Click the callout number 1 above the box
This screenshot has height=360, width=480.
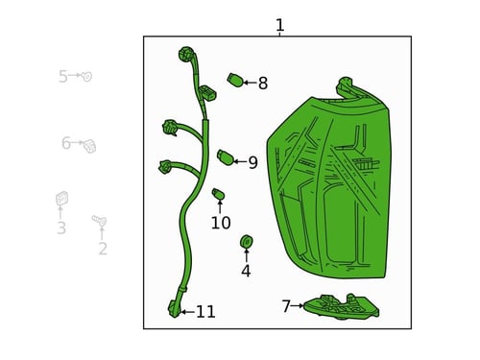[x=279, y=25]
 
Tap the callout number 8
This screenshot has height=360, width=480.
[x=263, y=84]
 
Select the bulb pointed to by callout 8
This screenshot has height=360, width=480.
[x=235, y=80]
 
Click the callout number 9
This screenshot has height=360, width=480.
[x=252, y=162]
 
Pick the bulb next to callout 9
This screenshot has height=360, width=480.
[x=226, y=156]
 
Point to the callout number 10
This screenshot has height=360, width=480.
[x=221, y=223]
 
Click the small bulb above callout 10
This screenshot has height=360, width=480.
[x=219, y=194]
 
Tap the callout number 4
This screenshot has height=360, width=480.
[x=246, y=271]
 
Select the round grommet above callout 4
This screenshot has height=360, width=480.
[x=247, y=241]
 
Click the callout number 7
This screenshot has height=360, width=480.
[x=286, y=306]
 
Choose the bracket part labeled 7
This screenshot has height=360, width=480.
[x=341, y=307]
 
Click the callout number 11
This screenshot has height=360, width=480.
[x=205, y=312]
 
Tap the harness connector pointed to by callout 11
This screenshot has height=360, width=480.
[x=175, y=308]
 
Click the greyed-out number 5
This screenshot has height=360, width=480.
[x=63, y=77]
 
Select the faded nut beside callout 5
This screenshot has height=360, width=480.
[x=86, y=77]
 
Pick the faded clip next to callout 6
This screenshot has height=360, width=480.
[x=89, y=146]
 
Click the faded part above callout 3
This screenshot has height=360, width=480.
[x=61, y=198]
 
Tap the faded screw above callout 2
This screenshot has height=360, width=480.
[x=100, y=220]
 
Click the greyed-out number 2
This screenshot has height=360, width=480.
[x=103, y=249]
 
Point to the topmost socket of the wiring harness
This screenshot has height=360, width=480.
[x=186, y=54]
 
